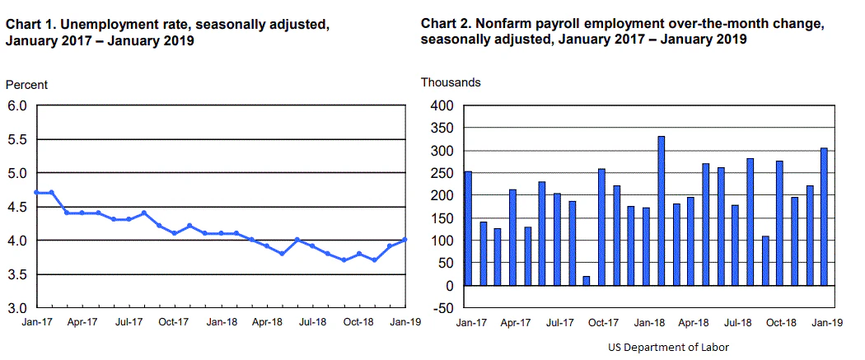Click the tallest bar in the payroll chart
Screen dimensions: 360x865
coord(661,211)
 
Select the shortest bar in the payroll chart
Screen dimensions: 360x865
coord(587,281)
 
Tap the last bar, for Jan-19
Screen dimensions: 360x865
coord(824,217)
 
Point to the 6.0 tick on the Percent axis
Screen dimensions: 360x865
coord(18,105)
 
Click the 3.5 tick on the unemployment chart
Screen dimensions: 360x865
coord(18,274)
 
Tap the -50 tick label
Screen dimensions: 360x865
coord(442,308)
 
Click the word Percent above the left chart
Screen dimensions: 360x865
coord(26,85)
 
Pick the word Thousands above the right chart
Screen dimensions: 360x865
coord(451,82)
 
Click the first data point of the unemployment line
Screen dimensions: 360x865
coord(37,192)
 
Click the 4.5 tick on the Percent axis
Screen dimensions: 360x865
coord(18,207)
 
